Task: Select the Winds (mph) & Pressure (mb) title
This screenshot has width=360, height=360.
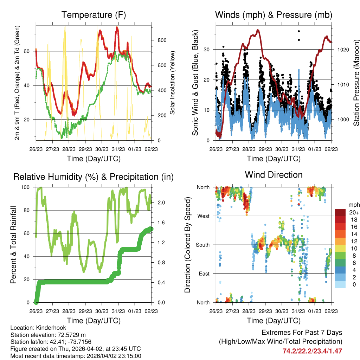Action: [274, 15]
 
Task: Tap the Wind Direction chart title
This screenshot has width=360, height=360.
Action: [274, 175]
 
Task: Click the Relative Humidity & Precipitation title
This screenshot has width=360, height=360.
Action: [93, 177]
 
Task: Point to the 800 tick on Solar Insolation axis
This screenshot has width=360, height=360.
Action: [162, 40]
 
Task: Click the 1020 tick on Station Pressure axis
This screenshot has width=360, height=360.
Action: [343, 50]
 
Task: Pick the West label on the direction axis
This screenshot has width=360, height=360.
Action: [203, 216]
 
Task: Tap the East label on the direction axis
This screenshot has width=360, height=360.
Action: [204, 274]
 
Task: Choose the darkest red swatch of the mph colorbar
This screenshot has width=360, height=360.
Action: [340, 212]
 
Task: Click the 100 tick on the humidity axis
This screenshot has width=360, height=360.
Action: [26, 187]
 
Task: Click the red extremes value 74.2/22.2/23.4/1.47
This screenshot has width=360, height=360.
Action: [312, 351]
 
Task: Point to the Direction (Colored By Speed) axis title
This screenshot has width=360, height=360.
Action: [187, 245]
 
